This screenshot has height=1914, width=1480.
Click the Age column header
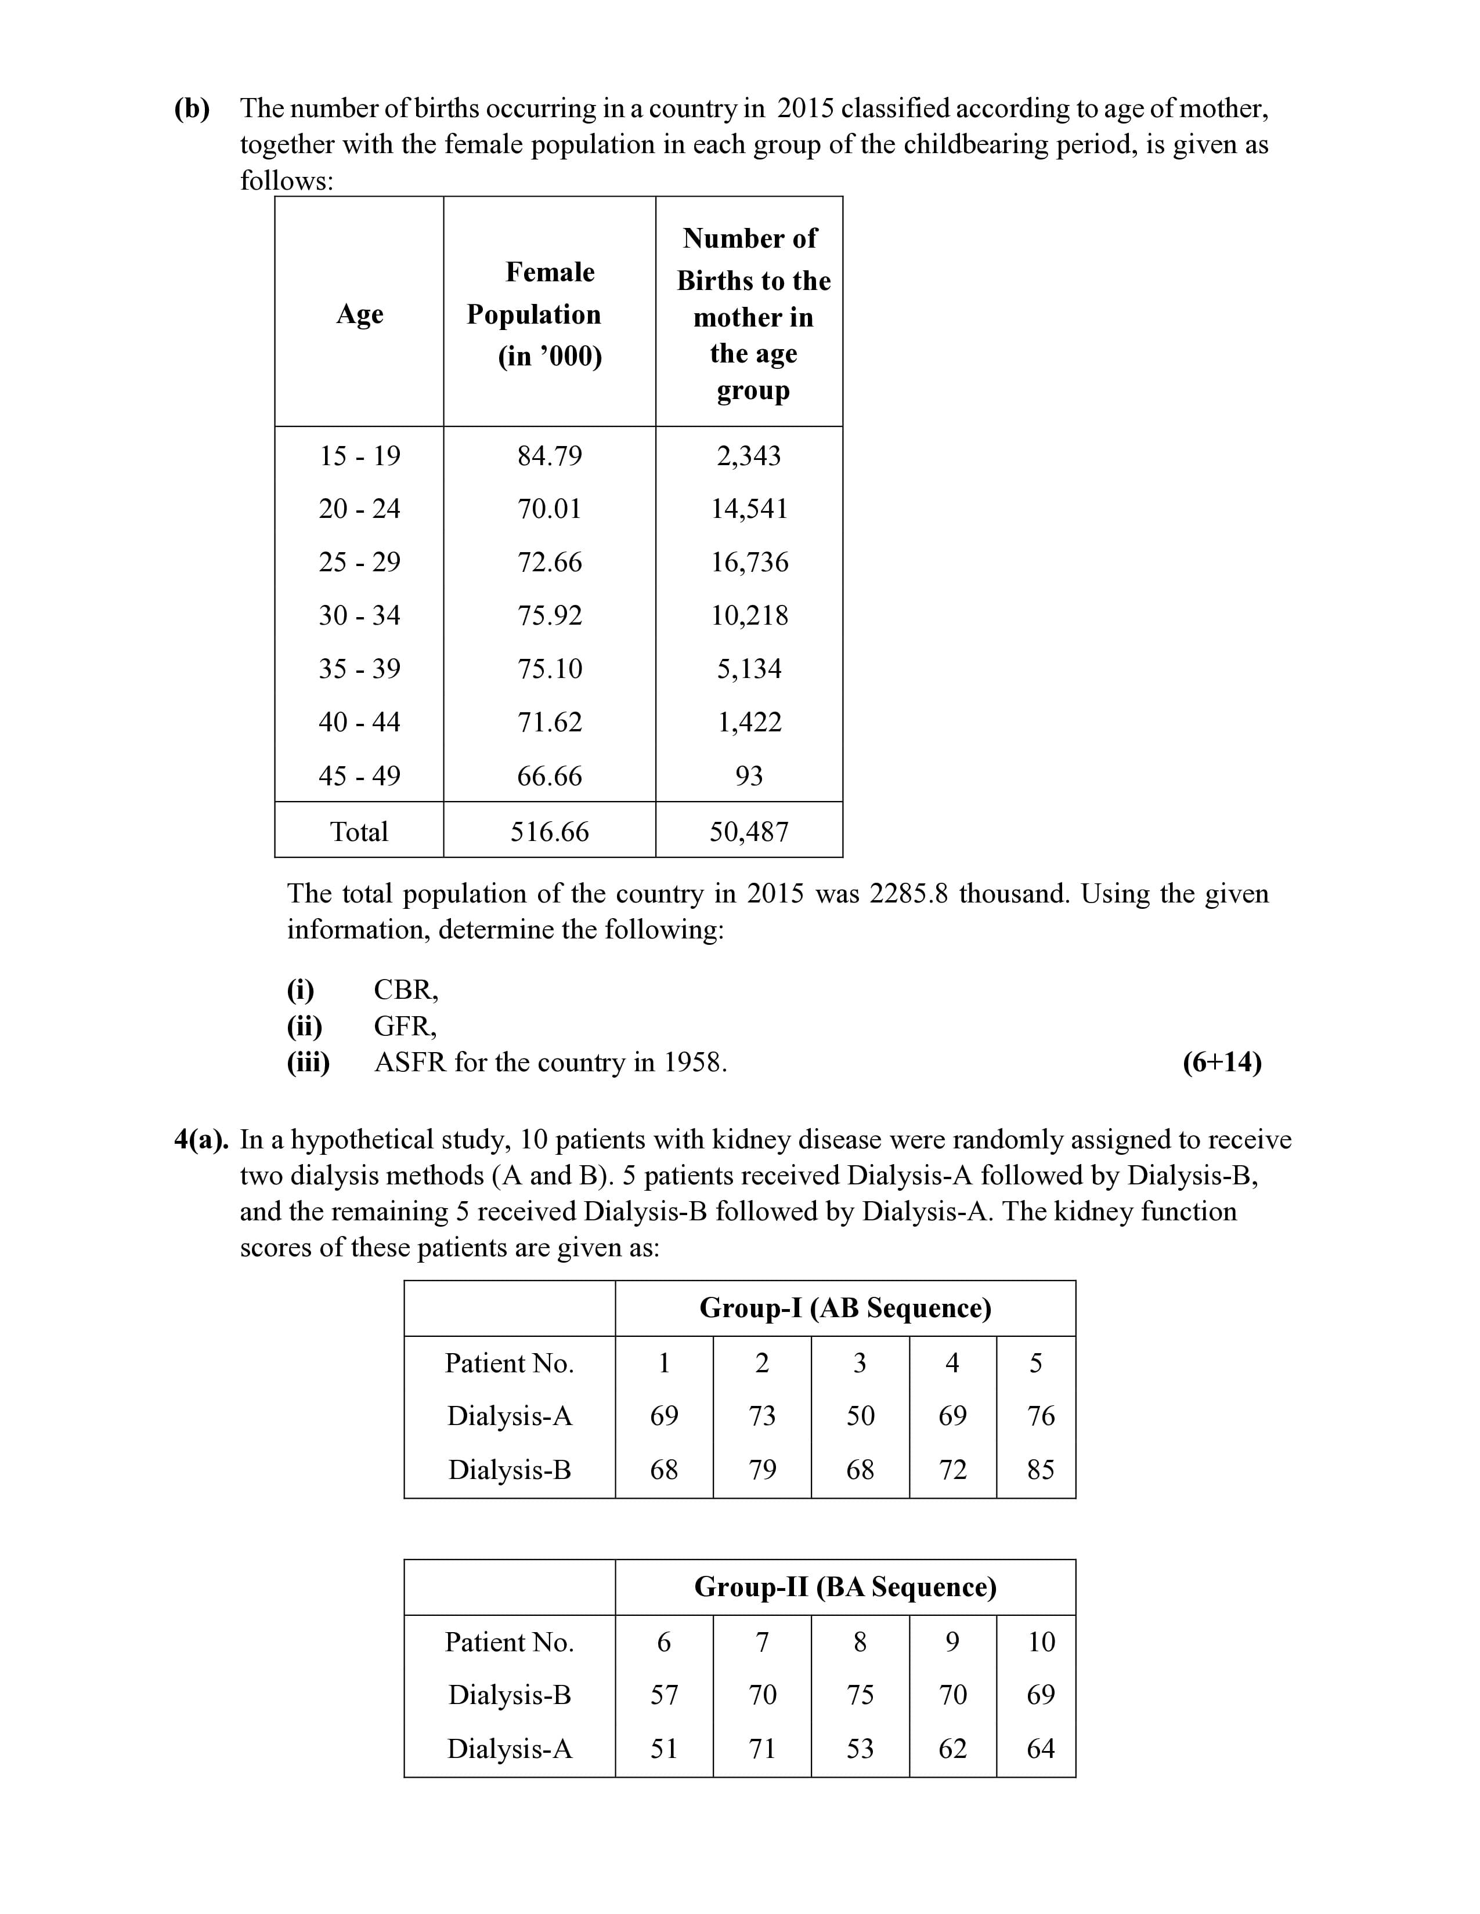[x=359, y=314]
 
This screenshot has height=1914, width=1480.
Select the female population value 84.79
[x=550, y=456]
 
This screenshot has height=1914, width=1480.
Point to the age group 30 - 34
[x=359, y=615]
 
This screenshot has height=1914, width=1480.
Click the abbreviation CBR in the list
[x=405, y=989]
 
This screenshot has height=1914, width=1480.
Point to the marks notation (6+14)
[x=1221, y=1062]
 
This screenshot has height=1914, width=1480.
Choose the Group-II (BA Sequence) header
[x=845, y=1587]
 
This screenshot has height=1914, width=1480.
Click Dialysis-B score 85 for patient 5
[x=1040, y=1470]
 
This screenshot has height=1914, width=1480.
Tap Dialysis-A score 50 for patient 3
[x=860, y=1415]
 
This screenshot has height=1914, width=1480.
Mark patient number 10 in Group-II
[x=1041, y=1641]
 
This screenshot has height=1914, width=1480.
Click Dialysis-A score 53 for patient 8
[x=860, y=1748]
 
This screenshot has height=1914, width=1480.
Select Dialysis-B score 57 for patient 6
[x=664, y=1694]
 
